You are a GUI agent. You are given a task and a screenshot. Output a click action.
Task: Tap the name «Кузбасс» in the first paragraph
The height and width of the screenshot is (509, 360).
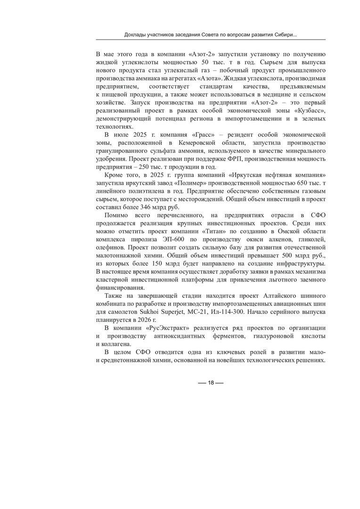coord(309,110)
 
